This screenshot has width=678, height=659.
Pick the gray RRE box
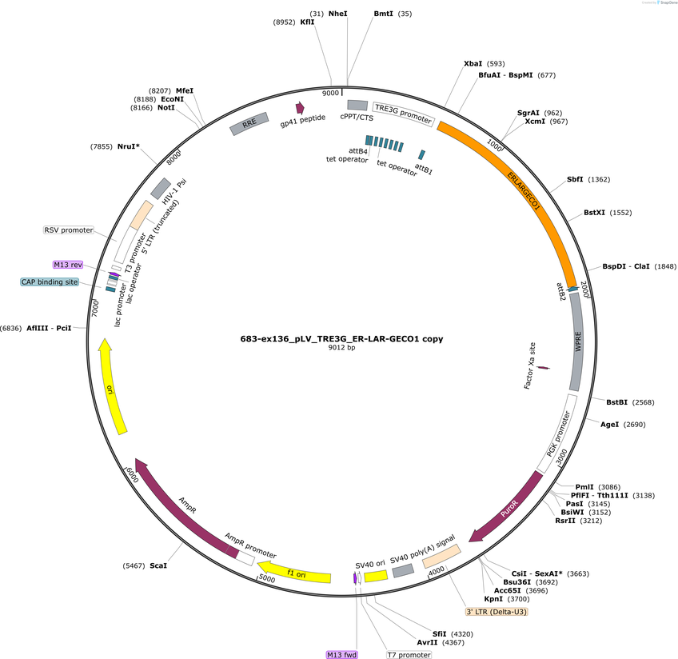pos(249,124)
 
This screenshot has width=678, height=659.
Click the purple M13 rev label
pos(68,265)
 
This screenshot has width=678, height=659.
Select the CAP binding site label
pos(50,282)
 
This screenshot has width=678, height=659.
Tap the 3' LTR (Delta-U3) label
pos(497,612)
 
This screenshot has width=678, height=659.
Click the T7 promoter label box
pos(409,655)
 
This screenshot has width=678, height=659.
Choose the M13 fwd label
pos(342,655)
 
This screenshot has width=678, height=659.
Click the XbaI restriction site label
pos(473,63)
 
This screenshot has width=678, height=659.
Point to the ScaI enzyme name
pos(158,565)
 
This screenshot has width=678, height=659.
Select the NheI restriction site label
pos(337,14)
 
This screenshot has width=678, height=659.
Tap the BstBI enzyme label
pos(616,402)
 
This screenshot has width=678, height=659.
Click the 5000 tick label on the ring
pos(267,578)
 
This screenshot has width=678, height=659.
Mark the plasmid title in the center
pos(341,338)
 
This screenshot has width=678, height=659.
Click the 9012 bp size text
pos(341,347)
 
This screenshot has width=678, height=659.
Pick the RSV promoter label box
pos(69,230)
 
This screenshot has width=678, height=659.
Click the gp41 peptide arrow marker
pos(300,108)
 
